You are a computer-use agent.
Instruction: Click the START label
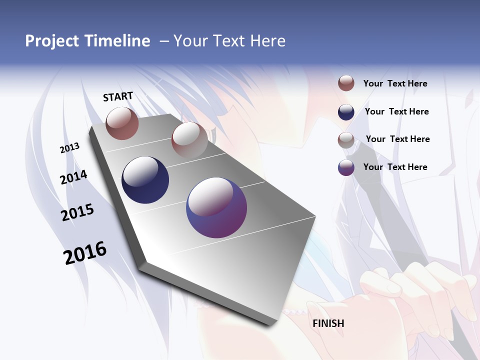click(x=118, y=96)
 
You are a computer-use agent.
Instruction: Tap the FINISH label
click(x=328, y=323)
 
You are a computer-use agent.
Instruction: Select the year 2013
click(x=69, y=147)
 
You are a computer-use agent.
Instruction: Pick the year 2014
click(x=73, y=177)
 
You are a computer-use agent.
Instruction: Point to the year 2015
click(x=77, y=212)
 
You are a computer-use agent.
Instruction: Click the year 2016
click(x=85, y=252)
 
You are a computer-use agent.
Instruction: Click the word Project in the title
click(x=51, y=41)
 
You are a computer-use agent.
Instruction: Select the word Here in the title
click(x=267, y=41)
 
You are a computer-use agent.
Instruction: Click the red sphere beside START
click(x=122, y=123)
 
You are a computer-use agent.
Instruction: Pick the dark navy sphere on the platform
click(x=145, y=180)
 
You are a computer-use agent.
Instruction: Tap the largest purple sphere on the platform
click(x=216, y=207)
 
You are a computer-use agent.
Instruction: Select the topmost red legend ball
click(x=346, y=83)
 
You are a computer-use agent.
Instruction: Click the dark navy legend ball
click(x=346, y=112)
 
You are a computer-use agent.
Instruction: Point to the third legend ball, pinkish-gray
click(x=346, y=140)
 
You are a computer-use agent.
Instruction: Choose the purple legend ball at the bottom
click(x=346, y=168)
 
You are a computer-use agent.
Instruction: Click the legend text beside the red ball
click(x=395, y=83)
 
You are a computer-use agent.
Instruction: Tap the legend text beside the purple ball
click(x=395, y=167)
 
